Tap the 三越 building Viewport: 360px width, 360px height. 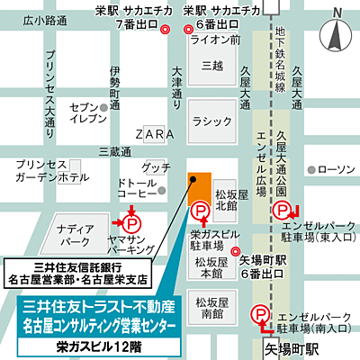coord(211,68)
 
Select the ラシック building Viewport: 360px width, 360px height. coord(211,121)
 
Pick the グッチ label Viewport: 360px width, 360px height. coord(156,168)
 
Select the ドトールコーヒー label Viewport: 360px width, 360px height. coord(138,190)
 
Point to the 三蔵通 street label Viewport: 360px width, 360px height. coord(115,150)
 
